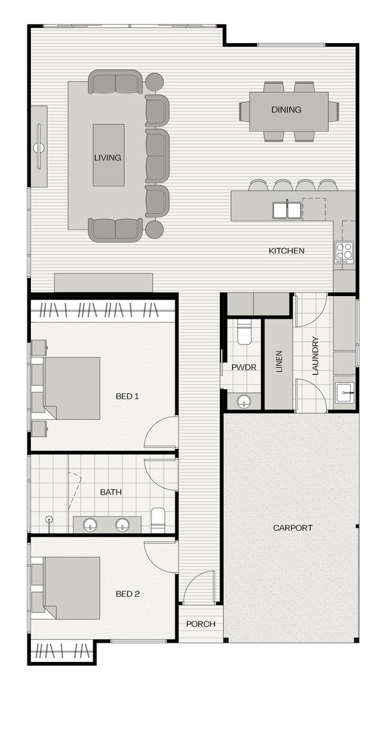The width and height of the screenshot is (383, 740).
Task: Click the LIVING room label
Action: pyautogui.click(x=108, y=158)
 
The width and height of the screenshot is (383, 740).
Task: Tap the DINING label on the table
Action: pyautogui.click(x=286, y=110)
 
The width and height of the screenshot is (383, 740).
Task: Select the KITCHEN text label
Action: pyautogui.click(x=286, y=251)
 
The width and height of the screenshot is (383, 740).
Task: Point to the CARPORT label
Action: pyautogui.click(x=293, y=528)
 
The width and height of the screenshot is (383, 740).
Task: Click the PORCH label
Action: pyautogui.click(x=201, y=624)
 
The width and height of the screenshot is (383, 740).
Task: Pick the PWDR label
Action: pyautogui.click(x=243, y=367)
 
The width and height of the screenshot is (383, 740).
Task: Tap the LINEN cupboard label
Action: pyautogui.click(x=279, y=362)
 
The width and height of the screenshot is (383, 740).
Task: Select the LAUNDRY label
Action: pyautogui.click(x=315, y=356)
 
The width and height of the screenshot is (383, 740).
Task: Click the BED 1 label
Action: pyautogui.click(x=127, y=396)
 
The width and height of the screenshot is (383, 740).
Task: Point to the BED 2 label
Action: pyautogui.click(x=127, y=593)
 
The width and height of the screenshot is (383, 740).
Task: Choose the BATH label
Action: pyautogui.click(x=111, y=492)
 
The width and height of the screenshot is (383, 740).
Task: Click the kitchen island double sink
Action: pyautogui.click(x=286, y=210)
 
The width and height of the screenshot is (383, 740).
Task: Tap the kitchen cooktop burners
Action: pyautogui.click(x=344, y=252)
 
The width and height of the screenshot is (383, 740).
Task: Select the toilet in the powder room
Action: pyautogui.click(x=245, y=334)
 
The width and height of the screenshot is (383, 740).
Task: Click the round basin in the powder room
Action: pyautogui.click(x=245, y=401)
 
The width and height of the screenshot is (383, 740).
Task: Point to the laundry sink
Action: pyautogui.click(x=345, y=393)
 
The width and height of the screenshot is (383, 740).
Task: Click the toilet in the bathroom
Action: pyautogui.click(x=158, y=519)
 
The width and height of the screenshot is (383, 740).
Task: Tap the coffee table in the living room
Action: pyautogui.click(x=108, y=156)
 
